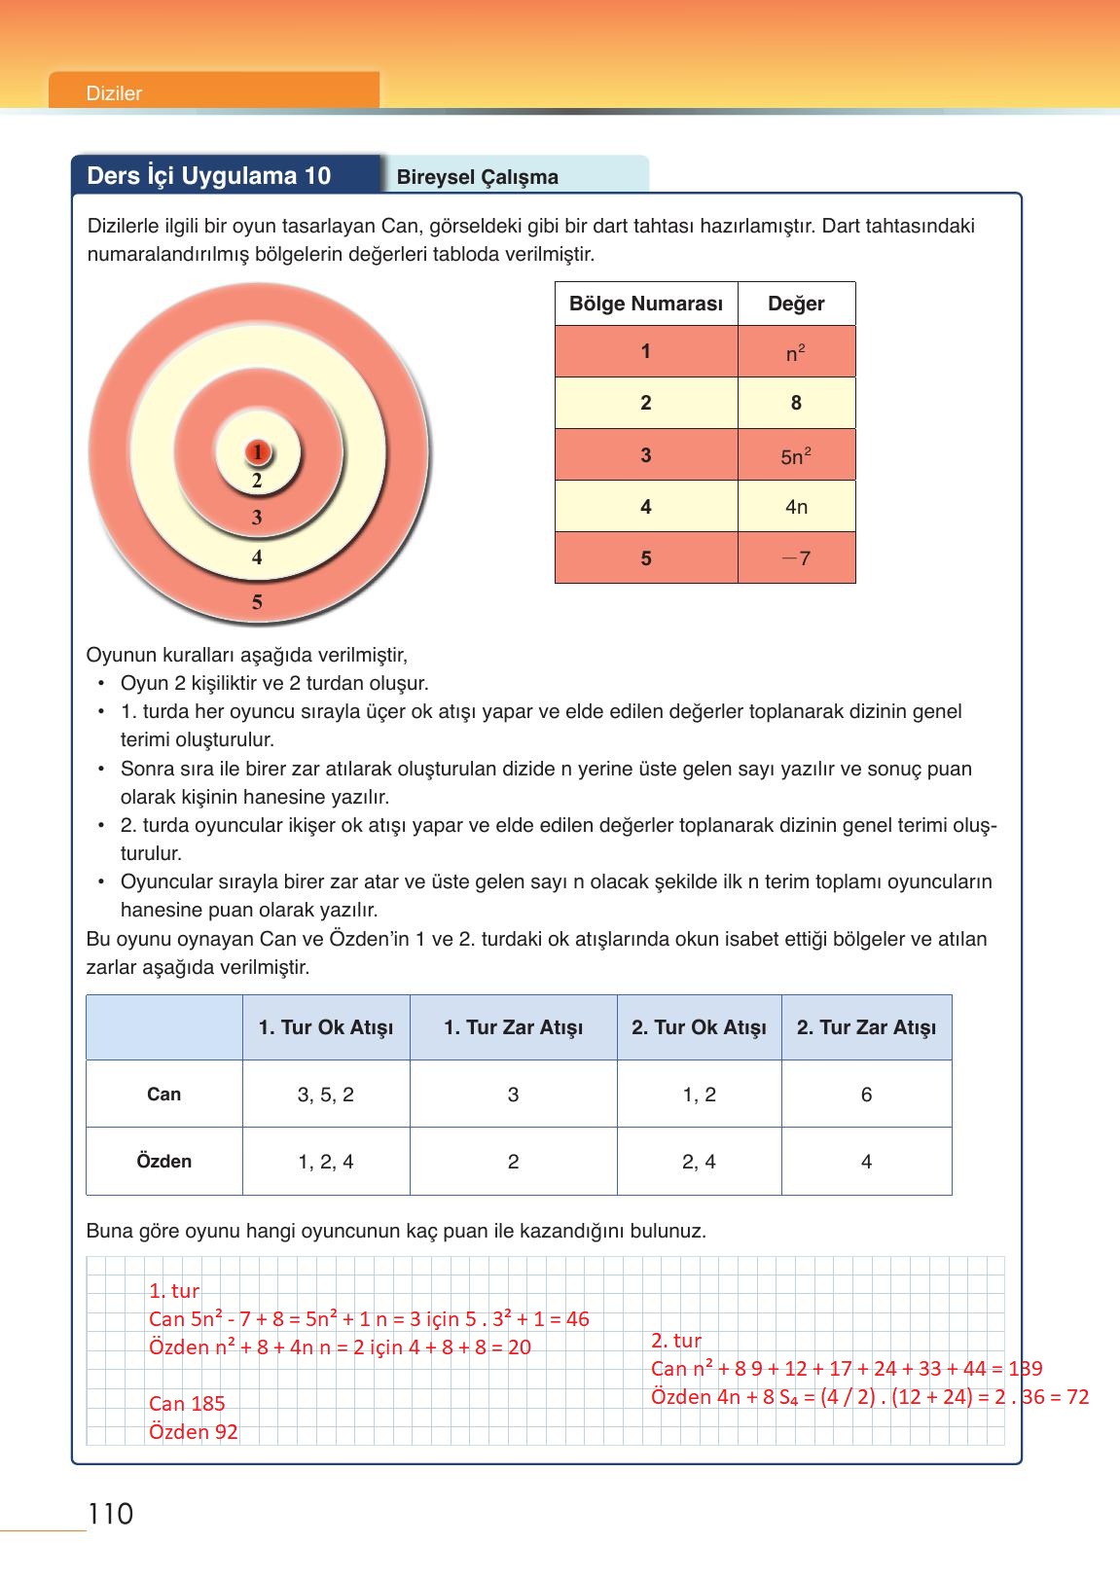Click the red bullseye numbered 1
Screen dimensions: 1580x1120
coord(257,452)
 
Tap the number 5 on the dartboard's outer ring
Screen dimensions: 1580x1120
coord(257,602)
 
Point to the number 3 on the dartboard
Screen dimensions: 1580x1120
coord(257,518)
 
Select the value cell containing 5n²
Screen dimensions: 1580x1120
coord(796,455)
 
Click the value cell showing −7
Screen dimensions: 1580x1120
coord(796,558)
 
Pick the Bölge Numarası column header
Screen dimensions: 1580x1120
coord(645,304)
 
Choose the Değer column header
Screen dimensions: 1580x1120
coord(796,304)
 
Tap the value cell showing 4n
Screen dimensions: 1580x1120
coord(796,507)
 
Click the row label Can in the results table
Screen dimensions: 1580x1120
coord(163,1095)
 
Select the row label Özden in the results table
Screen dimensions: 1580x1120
coord(163,1162)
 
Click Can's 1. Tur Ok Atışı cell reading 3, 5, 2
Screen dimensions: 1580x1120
coord(326,1095)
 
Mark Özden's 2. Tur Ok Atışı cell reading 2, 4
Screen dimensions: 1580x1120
coord(699,1162)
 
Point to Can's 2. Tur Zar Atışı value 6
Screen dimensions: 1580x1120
coord(866,1095)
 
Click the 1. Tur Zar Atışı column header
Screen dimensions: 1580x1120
coord(513,1027)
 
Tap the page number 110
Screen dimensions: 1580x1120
coord(110,1515)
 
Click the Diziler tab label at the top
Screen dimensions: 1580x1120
coord(114,93)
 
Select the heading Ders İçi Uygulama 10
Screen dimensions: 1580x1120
coord(209,176)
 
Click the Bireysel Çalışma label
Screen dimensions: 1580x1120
coord(477,177)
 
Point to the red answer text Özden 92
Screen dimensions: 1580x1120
coord(193,1431)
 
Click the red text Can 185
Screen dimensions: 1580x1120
coord(187,1403)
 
